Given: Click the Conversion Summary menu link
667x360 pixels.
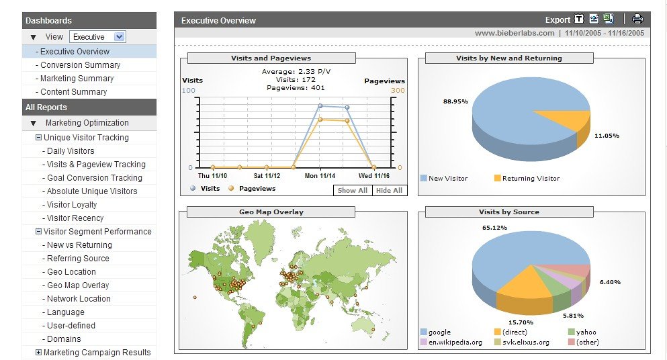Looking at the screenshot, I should click(80, 65).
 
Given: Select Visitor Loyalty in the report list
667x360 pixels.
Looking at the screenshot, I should click(72, 205).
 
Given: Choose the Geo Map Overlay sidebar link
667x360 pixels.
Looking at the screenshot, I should click(78, 285).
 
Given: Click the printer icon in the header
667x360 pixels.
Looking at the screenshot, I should click(637, 19).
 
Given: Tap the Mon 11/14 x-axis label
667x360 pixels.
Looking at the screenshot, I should click(320, 176).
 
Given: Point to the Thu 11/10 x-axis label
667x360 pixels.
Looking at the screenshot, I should click(212, 176).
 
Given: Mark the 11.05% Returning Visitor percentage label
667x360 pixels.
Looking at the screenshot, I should click(607, 136).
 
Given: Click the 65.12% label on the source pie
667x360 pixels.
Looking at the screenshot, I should click(494, 228).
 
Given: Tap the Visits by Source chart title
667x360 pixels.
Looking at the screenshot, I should click(508, 212).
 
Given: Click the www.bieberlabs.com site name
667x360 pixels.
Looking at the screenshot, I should click(515, 33).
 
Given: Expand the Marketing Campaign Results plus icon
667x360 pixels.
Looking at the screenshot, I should click(38, 353).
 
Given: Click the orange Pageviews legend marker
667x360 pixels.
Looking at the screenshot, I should click(232, 189).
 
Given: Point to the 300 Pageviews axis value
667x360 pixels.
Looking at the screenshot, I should click(398, 91).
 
